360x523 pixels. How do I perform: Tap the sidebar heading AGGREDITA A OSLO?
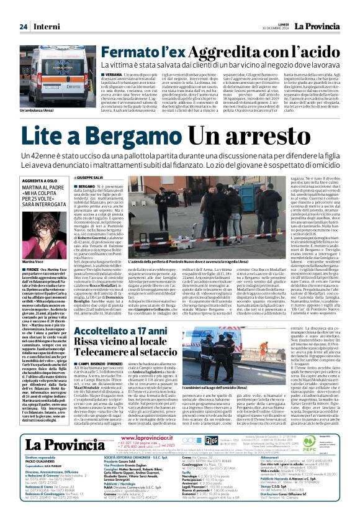tap(40, 180)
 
